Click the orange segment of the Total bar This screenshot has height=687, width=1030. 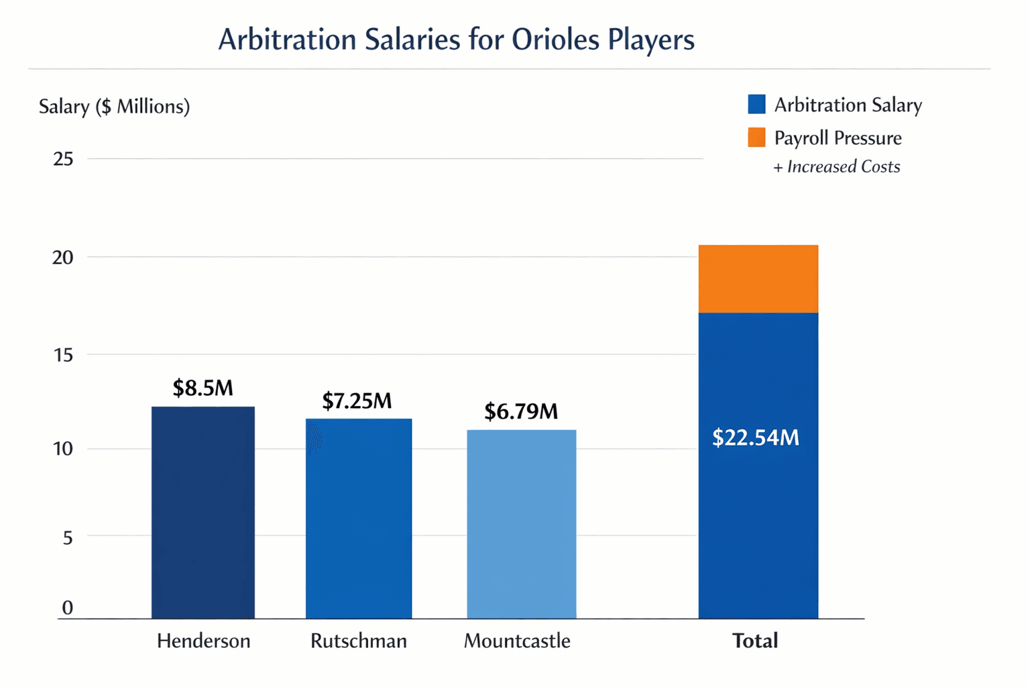click(x=758, y=278)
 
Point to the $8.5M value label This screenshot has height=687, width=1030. click(x=203, y=388)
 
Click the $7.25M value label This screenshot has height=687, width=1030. click(x=357, y=401)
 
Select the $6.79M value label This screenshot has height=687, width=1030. click(x=521, y=411)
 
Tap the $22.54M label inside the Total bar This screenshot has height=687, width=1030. click(x=756, y=437)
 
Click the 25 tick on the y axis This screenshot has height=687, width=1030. click(x=63, y=159)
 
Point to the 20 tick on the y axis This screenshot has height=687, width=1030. click(x=62, y=257)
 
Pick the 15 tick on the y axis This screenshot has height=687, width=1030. click(x=63, y=355)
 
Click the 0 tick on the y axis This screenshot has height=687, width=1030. click(x=67, y=607)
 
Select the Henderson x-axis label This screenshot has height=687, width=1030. click(x=203, y=641)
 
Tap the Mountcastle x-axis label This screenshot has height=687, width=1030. click(x=517, y=641)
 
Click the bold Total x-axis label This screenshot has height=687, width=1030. click(x=755, y=641)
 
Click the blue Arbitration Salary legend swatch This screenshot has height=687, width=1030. click(x=756, y=104)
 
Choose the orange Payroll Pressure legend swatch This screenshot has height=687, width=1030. click(x=756, y=138)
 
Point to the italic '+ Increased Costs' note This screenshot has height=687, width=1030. click(x=837, y=166)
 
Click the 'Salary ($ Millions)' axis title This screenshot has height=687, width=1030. click(x=114, y=107)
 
